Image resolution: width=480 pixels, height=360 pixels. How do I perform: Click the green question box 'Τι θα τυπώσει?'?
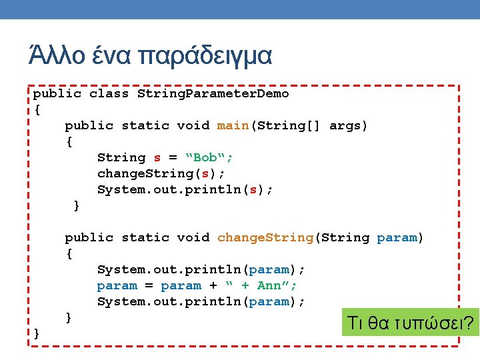pyautogui.click(x=409, y=324)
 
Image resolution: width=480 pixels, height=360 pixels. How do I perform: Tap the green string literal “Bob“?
pyautogui.click(x=209, y=157)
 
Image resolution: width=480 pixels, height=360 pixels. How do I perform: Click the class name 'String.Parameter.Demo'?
pyautogui.click(x=213, y=93)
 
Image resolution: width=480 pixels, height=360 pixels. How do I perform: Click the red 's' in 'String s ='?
pyautogui.click(x=157, y=157)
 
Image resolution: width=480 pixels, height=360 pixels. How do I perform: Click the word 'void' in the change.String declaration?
pyautogui.click(x=193, y=237)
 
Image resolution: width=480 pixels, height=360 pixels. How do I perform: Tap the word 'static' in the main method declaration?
pyautogui.click(x=145, y=125)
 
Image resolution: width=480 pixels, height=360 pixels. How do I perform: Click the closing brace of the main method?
pyautogui.click(x=77, y=206)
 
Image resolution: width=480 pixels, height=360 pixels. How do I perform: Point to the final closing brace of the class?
pyautogui.click(x=37, y=333)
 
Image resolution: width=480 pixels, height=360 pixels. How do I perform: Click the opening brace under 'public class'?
pyautogui.click(x=37, y=109)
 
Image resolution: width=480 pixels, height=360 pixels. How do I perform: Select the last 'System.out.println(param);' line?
pyautogui.click(x=201, y=301)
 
